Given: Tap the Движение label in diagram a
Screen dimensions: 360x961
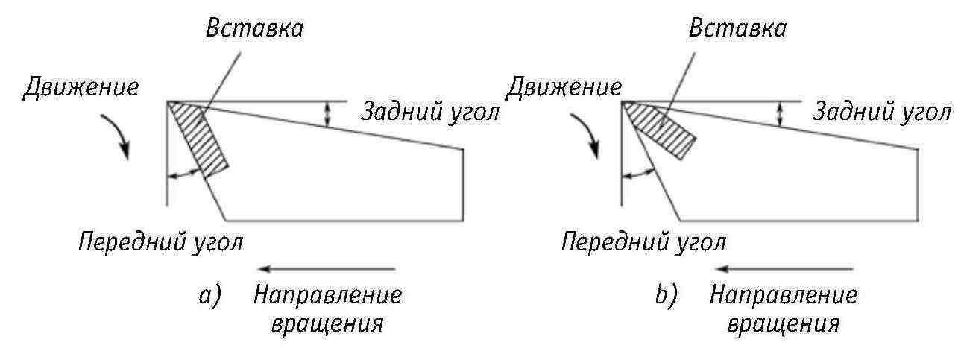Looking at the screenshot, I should click(81, 87).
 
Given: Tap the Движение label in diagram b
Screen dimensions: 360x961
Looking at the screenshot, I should click(564, 87).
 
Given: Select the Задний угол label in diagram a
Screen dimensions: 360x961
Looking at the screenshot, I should click(429, 113).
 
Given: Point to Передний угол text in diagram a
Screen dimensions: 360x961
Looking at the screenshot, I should click(161, 241).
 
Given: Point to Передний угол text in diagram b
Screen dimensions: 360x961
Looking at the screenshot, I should click(644, 241).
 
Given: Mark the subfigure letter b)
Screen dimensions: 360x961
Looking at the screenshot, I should click(665, 297).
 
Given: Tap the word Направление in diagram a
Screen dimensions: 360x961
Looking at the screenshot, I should click(328, 296).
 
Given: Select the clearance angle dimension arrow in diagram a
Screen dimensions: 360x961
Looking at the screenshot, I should click(326, 113).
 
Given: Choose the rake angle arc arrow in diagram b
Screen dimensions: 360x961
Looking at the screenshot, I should click(637, 174).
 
